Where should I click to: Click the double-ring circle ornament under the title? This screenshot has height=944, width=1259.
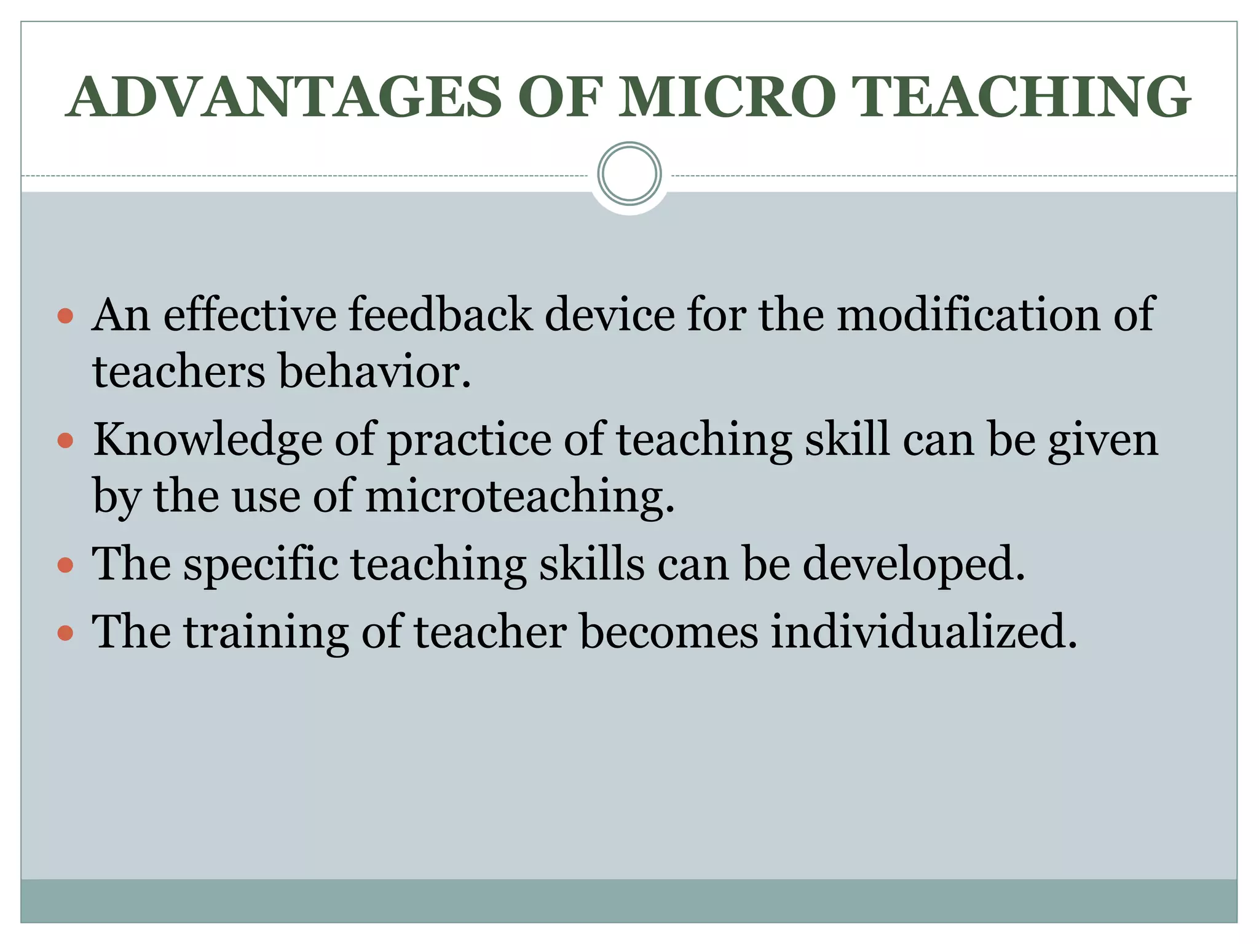pos(629,174)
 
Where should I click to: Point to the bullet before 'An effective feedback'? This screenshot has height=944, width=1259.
pos(65,317)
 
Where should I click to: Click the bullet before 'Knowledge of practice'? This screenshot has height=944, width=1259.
pos(65,441)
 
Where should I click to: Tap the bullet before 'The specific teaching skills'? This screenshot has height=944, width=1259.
pos(65,565)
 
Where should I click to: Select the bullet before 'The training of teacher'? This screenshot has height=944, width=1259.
pos(65,633)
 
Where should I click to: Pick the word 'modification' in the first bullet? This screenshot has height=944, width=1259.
pos(968,315)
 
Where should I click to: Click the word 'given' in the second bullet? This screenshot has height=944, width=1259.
pos(1103,441)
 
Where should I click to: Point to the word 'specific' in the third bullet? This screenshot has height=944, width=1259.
pos(261,565)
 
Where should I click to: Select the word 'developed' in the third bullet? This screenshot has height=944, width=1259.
pos(914,565)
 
